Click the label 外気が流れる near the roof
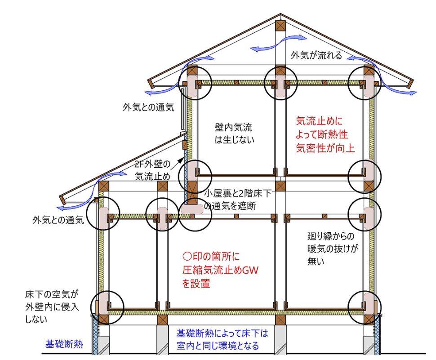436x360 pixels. pos(316,56)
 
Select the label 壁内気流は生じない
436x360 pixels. pos(234,133)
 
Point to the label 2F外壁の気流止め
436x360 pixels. pos(152,169)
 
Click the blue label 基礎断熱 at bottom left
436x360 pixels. pos(63,345)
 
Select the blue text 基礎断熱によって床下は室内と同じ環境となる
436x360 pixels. pos(222,340)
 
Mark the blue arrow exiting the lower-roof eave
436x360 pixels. pos(67,206)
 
